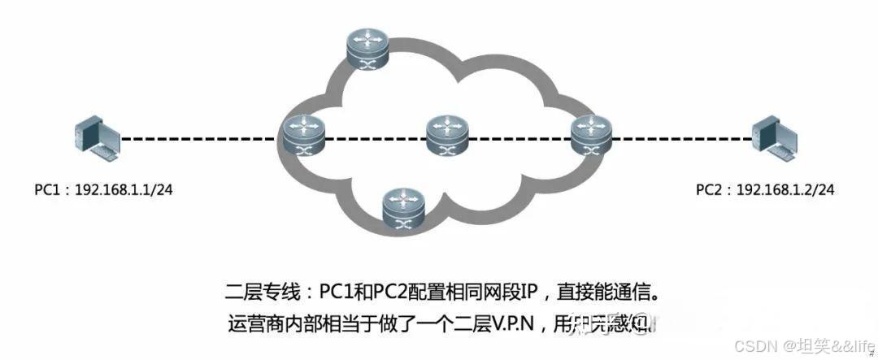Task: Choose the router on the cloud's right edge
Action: [x=589, y=136]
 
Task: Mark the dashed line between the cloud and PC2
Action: [x=679, y=137]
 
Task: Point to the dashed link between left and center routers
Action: [x=374, y=137]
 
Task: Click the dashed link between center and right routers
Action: [x=519, y=137]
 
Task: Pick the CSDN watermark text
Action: [x=752, y=346]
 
